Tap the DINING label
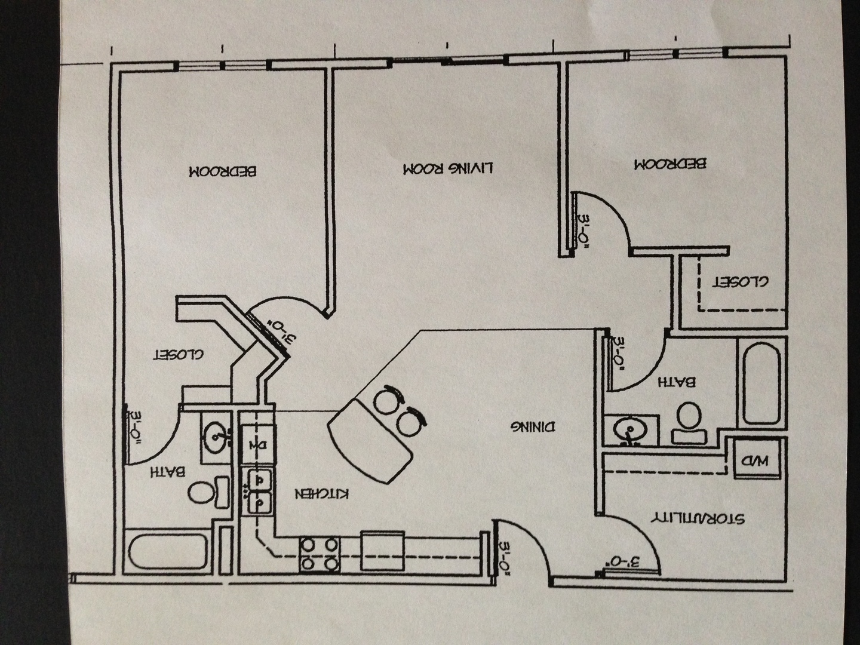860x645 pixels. pyautogui.click(x=533, y=426)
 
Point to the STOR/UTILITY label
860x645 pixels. pyautogui.click(x=697, y=517)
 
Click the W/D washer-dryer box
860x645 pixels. pyautogui.click(x=756, y=460)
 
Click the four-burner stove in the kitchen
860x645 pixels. pyautogui.click(x=320, y=554)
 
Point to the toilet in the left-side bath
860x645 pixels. pyautogui.click(x=208, y=492)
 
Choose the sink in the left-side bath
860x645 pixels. pyautogui.click(x=216, y=437)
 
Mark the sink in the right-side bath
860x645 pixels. pyautogui.click(x=628, y=431)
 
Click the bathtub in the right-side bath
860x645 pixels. pyautogui.click(x=761, y=385)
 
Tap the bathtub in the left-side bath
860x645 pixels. pyautogui.click(x=169, y=552)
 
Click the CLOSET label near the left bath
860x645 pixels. pyautogui.click(x=179, y=354)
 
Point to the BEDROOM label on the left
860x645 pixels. pyautogui.click(x=222, y=171)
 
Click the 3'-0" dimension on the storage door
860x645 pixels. pyautogui.click(x=624, y=562)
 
